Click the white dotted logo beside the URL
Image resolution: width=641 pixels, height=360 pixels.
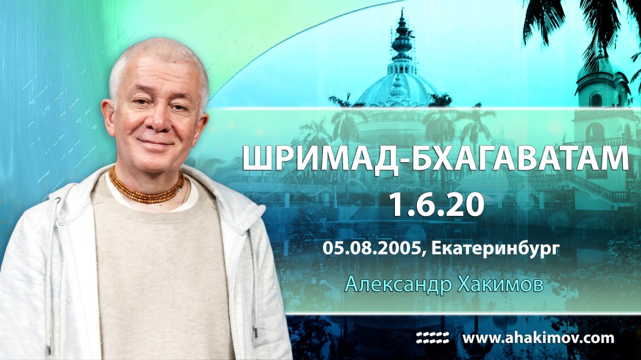click(433, 338)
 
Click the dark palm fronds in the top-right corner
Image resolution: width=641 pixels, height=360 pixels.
click(582, 22)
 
